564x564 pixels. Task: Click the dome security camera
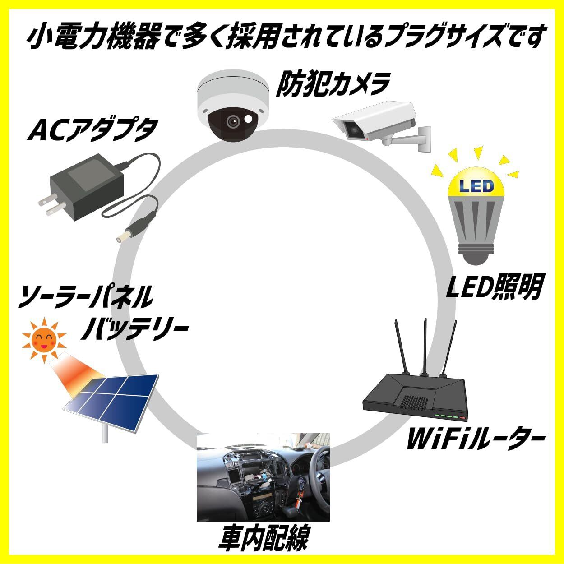(233, 106)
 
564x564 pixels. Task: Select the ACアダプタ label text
(92, 129)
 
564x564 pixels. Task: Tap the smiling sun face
(44, 338)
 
